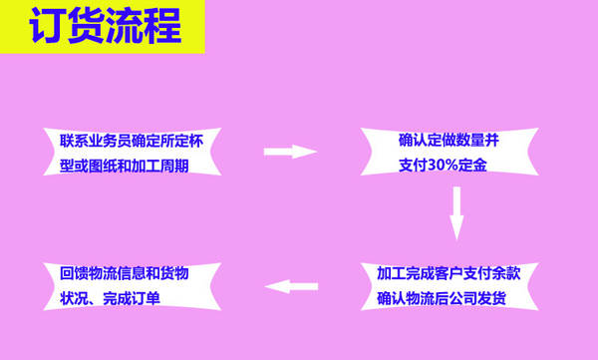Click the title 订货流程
(106, 26)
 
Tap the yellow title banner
(103, 27)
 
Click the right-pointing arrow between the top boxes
(290, 152)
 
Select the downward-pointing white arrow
(456, 213)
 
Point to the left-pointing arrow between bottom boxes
(291, 286)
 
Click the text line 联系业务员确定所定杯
(132, 142)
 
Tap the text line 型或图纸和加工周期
(125, 167)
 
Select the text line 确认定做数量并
(448, 141)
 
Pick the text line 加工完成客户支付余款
(448, 273)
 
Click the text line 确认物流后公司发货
(442, 298)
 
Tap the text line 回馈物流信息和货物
(125, 273)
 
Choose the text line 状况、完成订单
(110, 298)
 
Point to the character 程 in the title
(163, 26)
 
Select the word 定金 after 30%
(472, 166)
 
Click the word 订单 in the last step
(146, 298)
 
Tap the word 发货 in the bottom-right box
(492, 298)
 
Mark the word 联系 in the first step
(74, 142)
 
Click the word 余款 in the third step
(506, 273)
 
